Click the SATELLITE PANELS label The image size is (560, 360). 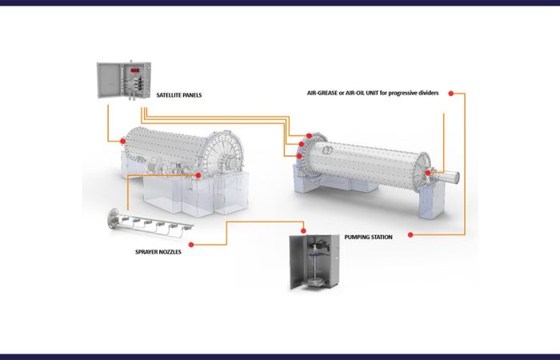click(x=179, y=95)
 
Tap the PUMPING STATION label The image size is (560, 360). click(x=368, y=237)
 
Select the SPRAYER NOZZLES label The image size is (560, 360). click(x=158, y=252)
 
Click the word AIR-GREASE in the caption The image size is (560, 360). click(x=322, y=94)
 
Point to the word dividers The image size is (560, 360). click(x=428, y=93)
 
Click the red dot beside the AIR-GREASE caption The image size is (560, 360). click(x=450, y=94)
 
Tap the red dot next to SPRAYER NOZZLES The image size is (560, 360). click(x=191, y=245)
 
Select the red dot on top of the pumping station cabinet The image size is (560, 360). click(x=303, y=231)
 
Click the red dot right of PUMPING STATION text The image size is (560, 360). click(x=410, y=235)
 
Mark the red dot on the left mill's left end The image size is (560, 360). click(x=123, y=142)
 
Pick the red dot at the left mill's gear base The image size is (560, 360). click(x=198, y=175)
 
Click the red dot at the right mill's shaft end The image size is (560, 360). click(x=428, y=173)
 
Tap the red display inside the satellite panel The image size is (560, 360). click(x=134, y=70)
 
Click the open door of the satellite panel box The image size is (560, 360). click(x=110, y=80)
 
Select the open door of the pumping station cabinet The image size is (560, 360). click(x=297, y=262)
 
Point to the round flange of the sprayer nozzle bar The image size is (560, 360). click(x=114, y=218)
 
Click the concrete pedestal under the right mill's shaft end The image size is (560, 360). click(x=432, y=201)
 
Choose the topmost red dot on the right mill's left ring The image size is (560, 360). click(x=309, y=136)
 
